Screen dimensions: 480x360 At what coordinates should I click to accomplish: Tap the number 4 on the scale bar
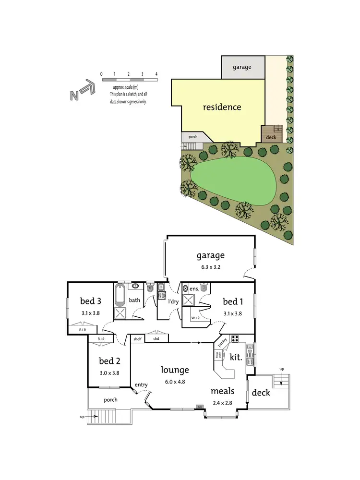point(156,74)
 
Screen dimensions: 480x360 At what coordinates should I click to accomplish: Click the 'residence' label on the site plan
point(222,107)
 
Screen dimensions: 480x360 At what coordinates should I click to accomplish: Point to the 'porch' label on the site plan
point(192,137)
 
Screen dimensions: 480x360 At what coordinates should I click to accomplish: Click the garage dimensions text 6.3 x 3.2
point(210,266)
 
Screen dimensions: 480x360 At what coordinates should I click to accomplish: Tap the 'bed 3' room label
point(90,301)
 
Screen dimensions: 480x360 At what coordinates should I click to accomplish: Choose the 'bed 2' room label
point(109,361)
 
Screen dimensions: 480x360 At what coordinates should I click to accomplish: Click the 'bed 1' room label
point(233,301)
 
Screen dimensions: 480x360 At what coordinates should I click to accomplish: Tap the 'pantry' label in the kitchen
point(222,342)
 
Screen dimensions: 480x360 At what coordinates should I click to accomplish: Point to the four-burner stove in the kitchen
point(236,339)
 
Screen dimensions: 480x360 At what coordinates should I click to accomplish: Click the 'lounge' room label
point(175,370)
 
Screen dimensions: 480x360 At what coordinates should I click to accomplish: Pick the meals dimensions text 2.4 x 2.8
point(222,403)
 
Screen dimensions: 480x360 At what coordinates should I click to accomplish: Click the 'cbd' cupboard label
point(156,338)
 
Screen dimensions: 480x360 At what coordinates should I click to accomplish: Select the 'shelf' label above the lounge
point(137,338)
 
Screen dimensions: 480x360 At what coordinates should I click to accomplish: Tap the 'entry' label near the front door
point(141,384)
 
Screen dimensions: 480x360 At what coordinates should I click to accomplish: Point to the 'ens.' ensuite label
point(194,289)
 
